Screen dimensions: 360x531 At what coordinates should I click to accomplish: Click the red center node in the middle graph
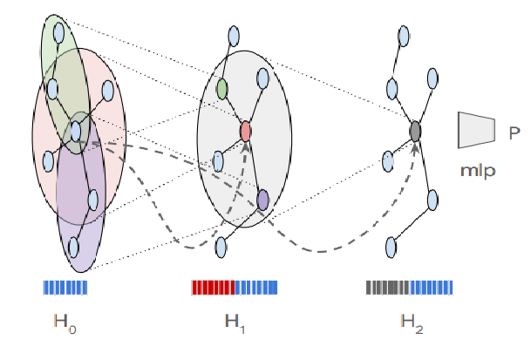pyautogui.click(x=246, y=132)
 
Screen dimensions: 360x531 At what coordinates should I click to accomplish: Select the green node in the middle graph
pyautogui.click(x=222, y=88)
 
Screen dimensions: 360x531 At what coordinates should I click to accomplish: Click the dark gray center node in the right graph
pyautogui.click(x=416, y=132)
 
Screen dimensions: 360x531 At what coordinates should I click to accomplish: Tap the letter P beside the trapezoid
pyautogui.click(x=514, y=132)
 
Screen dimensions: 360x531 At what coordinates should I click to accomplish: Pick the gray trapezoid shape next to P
pyautogui.click(x=476, y=130)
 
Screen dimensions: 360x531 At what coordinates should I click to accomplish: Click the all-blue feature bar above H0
pyautogui.click(x=65, y=287)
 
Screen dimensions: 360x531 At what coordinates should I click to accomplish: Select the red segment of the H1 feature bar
pyautogui.click(x=213, y=287)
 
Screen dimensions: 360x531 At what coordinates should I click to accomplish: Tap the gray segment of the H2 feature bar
pyautogui.click(x=388, y=287)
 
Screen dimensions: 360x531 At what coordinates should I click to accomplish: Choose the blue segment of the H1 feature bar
pyautogui.click(x=256, y=287)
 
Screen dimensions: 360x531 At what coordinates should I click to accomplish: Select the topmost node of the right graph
pyautogui.click(x=403, y=35)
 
